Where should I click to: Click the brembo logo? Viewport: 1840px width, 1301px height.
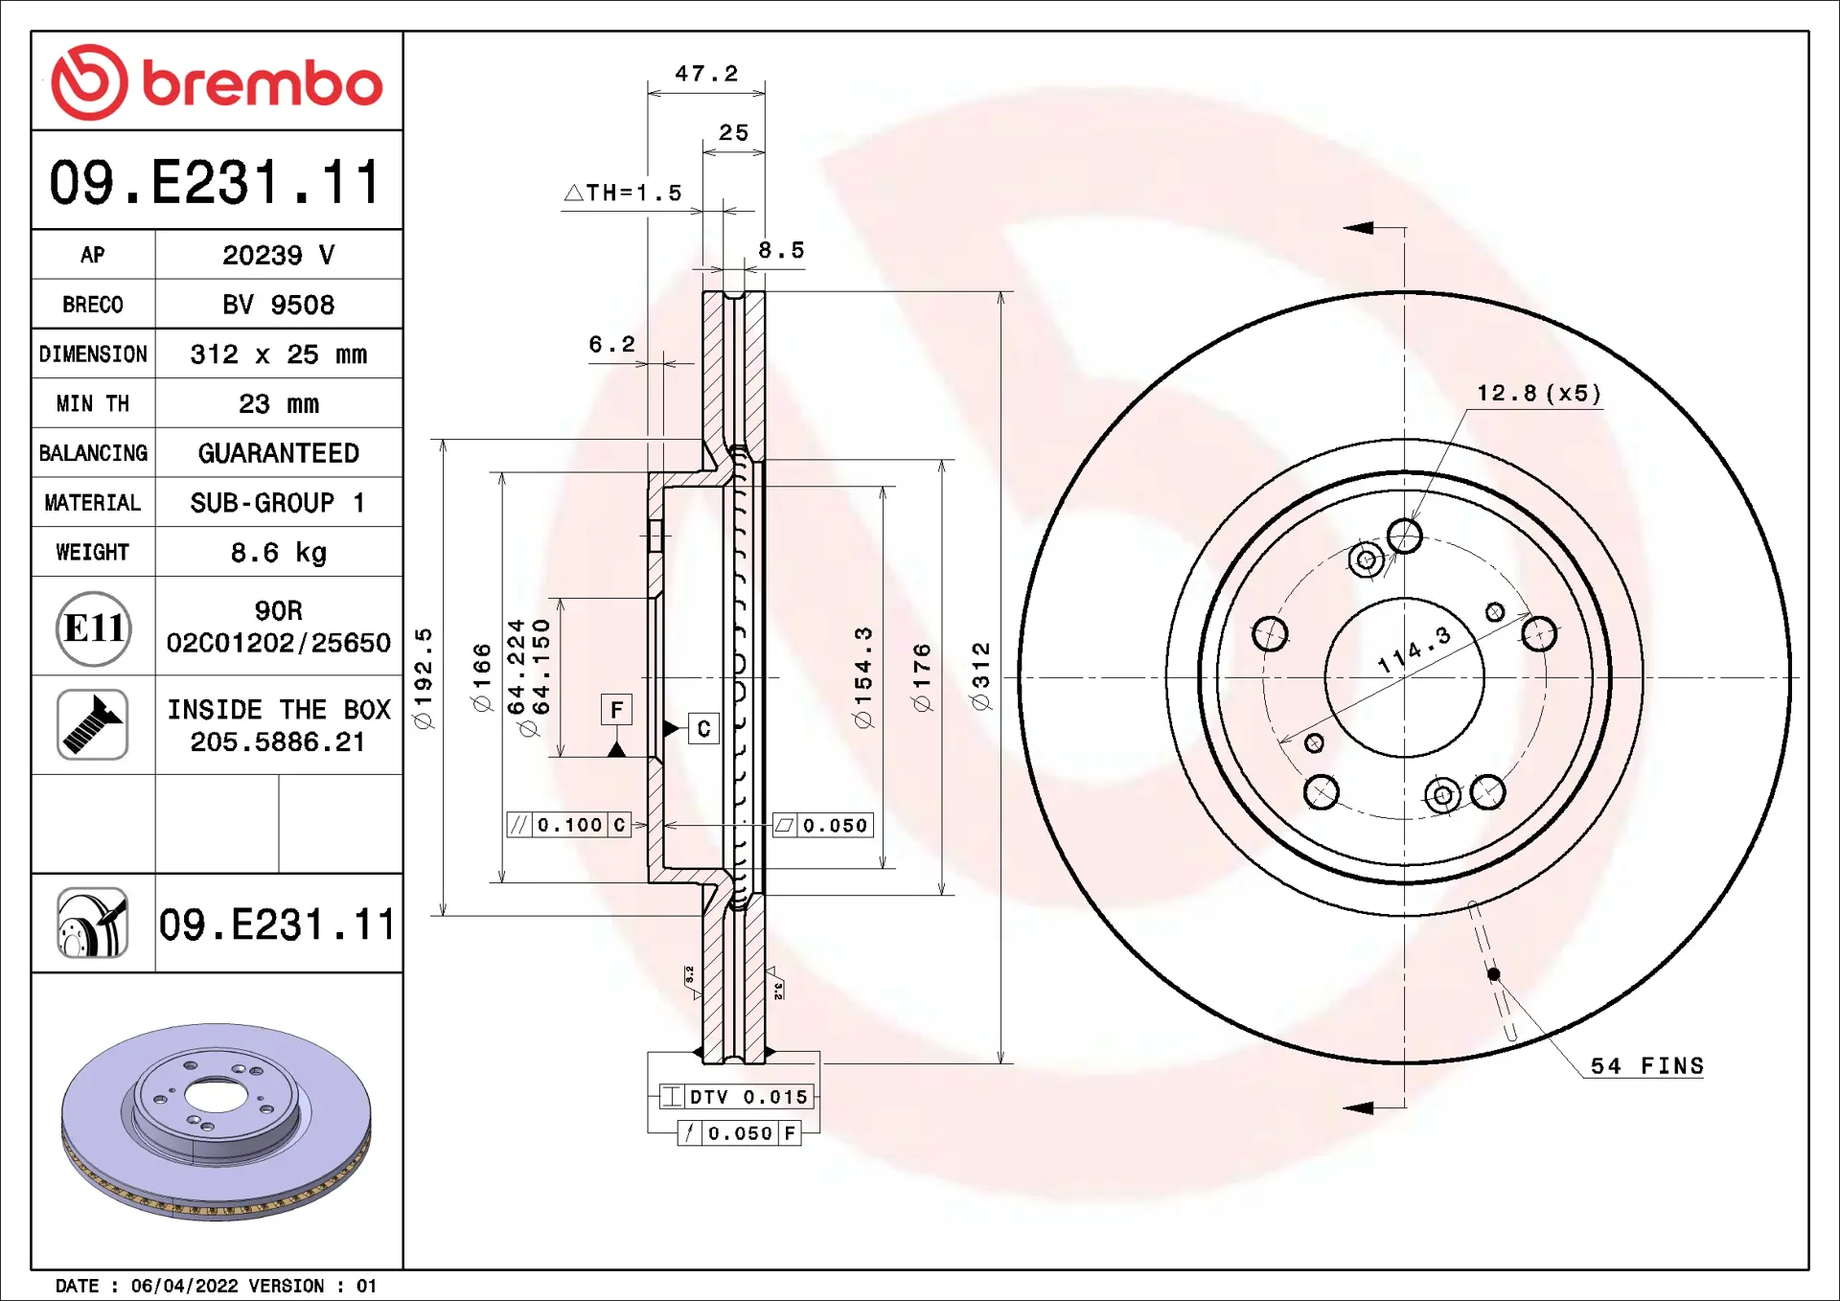[x=217, y=82]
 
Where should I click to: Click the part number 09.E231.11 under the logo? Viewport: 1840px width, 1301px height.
[x=217, y=182]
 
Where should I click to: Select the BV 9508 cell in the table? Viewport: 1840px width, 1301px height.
[x=278, y=305]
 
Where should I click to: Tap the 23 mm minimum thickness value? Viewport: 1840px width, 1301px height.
[x=278, y=403]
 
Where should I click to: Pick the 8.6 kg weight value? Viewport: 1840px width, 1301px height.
[x=278, y=552]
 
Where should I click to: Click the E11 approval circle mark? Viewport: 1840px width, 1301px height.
[x=93, y=628]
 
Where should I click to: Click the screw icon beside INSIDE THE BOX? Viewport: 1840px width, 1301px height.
[x=93, y=725]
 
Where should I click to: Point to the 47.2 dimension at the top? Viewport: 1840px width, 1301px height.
[x=706, y=74]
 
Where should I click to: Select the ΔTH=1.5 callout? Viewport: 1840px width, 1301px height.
[x=624, y=193]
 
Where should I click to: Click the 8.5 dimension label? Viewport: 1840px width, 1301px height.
[x=781, y=250]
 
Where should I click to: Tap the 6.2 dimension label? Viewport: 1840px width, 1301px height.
[x=611, y=344]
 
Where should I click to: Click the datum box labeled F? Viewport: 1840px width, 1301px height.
[x=616, y=710]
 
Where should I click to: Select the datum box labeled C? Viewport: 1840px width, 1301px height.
[x=703, y=729]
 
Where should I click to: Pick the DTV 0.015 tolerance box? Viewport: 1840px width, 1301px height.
[x=736, y=1097]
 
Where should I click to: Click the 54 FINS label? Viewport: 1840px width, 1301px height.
[x=1646, y=1066]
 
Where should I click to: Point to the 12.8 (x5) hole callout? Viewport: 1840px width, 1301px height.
[x=1538, y=394]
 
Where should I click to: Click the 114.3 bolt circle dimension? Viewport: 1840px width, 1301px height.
[x=1414, y=650]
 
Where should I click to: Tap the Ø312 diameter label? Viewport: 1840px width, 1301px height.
[x=980, y=676]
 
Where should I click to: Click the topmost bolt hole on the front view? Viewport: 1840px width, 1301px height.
[x=1404, y=536]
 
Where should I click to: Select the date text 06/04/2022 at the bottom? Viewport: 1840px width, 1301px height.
[x=184, y=1286]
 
